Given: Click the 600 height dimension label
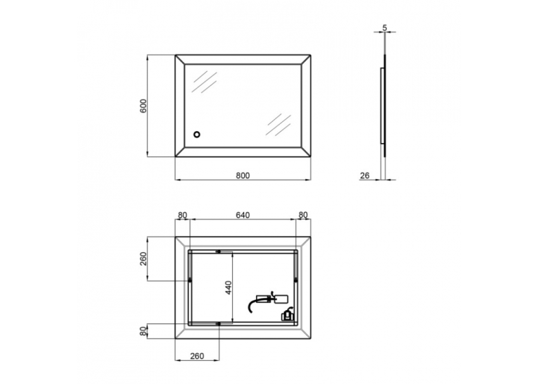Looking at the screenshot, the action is (x=143, y=106).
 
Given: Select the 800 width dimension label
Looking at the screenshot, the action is (x=243, y=175).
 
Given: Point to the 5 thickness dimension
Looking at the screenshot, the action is (x=385, y=27).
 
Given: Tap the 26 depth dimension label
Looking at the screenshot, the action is (x=365, y=175).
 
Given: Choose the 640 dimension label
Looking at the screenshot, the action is (x=243, y=215).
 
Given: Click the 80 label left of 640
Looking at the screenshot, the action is (x=182, y=215).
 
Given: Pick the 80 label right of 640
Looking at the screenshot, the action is (x=303, y=215).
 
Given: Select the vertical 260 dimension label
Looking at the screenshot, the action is (x=143, y=259).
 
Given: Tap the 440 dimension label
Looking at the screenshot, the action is (x=229, y=287).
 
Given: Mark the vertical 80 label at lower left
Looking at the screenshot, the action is (x=143, y=331).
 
